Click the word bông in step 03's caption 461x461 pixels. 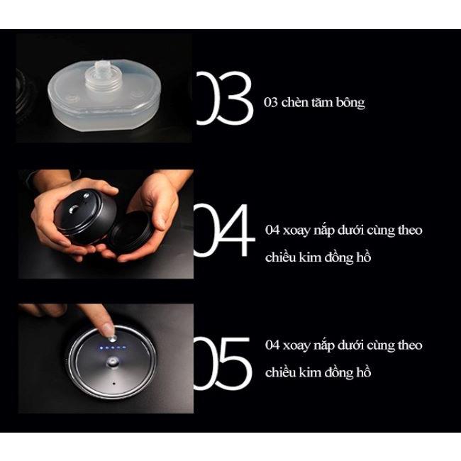pos(350,102)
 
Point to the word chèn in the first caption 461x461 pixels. pos(292,102)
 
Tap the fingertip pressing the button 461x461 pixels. pos(107,328)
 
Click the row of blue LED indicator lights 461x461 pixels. pos(114,349)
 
